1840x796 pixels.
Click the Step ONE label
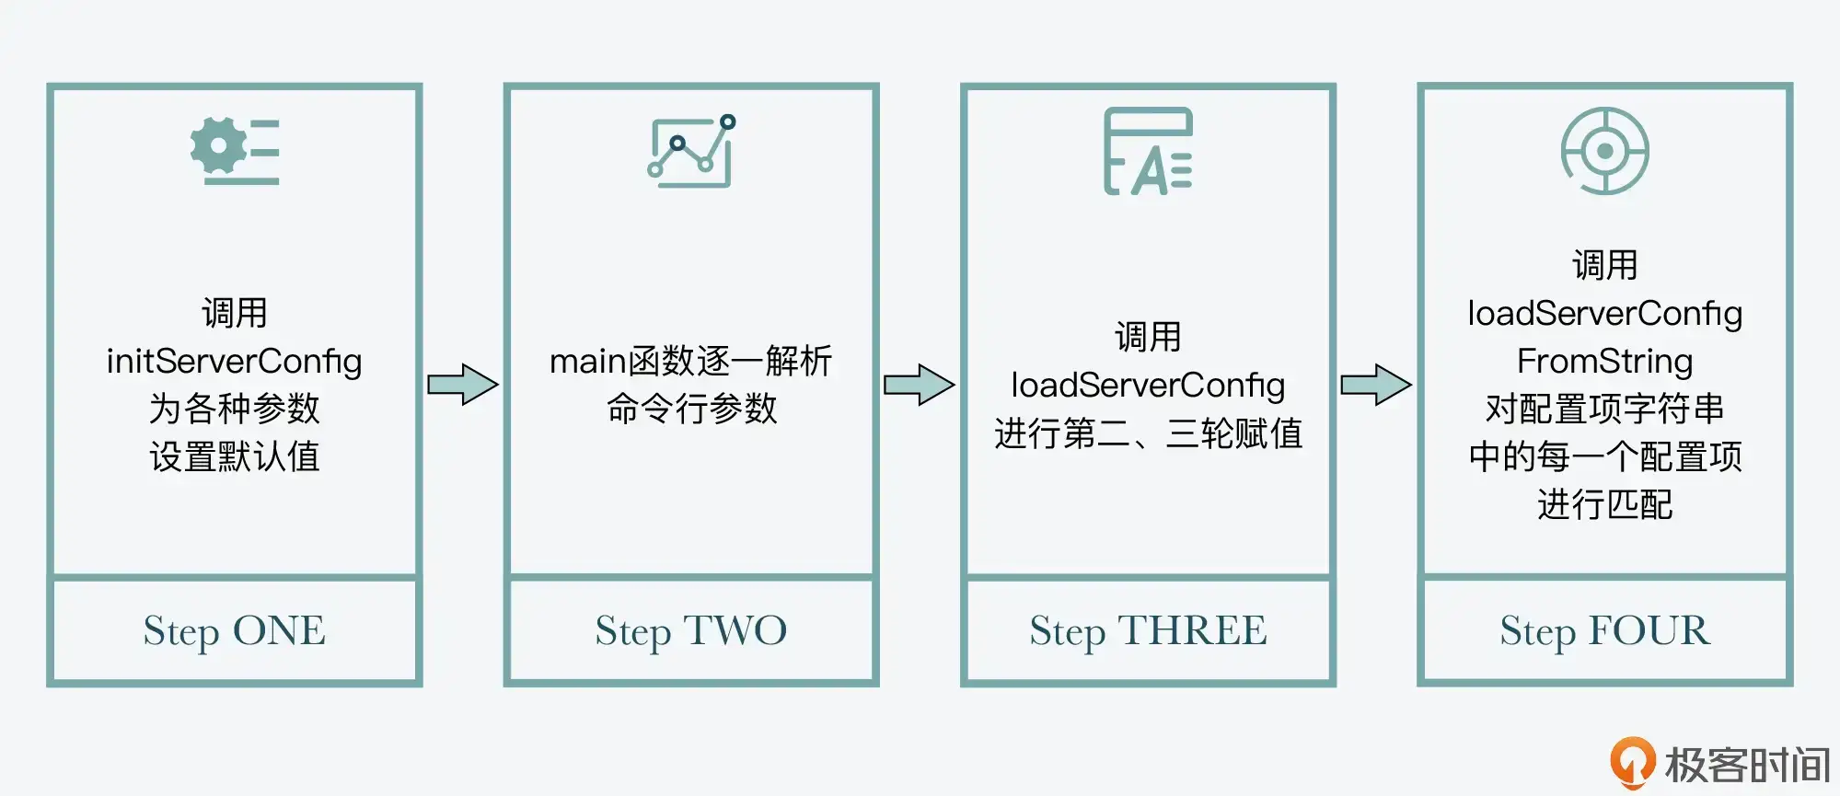(x=234, y=631)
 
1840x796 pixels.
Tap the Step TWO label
(x=690, y=631)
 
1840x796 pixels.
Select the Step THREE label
(x=1148, y=631)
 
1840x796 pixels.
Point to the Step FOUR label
(x=1604, y=631)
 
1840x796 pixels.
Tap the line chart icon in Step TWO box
(x=691, y=151)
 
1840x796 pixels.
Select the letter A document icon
(x=1148, y=152)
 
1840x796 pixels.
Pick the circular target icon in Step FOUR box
(x=1604, y=151)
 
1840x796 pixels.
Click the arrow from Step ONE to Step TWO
(x=462, y=385)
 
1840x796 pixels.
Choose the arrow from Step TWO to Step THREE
(x=919, y=385)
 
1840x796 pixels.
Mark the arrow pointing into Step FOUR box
(x=1375, y=385)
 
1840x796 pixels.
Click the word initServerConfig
(x=234, y=362)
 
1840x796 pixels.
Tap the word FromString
(x=1604, y=362)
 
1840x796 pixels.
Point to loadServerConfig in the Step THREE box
(x=1148, y=386)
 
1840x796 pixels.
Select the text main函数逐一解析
(x=690, y=362)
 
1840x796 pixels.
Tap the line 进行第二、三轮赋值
(x=1148, y=433)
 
